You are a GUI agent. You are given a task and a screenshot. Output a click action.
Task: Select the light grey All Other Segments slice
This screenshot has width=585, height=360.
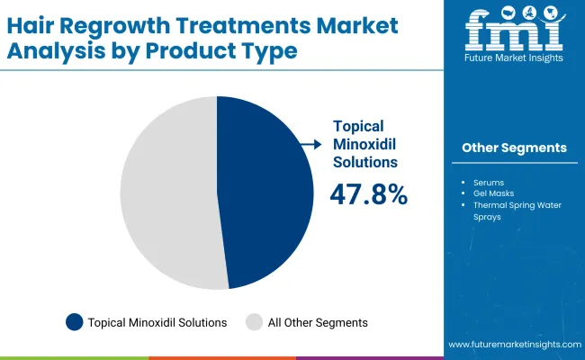point(166,193)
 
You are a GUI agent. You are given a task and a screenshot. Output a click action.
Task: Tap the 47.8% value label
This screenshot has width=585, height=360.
point(369,193)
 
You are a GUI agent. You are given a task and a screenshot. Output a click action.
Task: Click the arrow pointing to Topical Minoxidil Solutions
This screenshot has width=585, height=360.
point(312,143)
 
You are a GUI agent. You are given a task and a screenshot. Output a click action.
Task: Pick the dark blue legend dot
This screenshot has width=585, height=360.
point(75,321)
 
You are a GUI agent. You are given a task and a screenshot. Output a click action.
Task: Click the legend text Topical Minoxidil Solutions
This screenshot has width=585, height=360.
point(157,322)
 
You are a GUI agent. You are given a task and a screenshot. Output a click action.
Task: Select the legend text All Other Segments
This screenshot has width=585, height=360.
point(318,322)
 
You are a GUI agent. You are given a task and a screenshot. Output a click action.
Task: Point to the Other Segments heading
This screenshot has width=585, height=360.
point(514,148)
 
